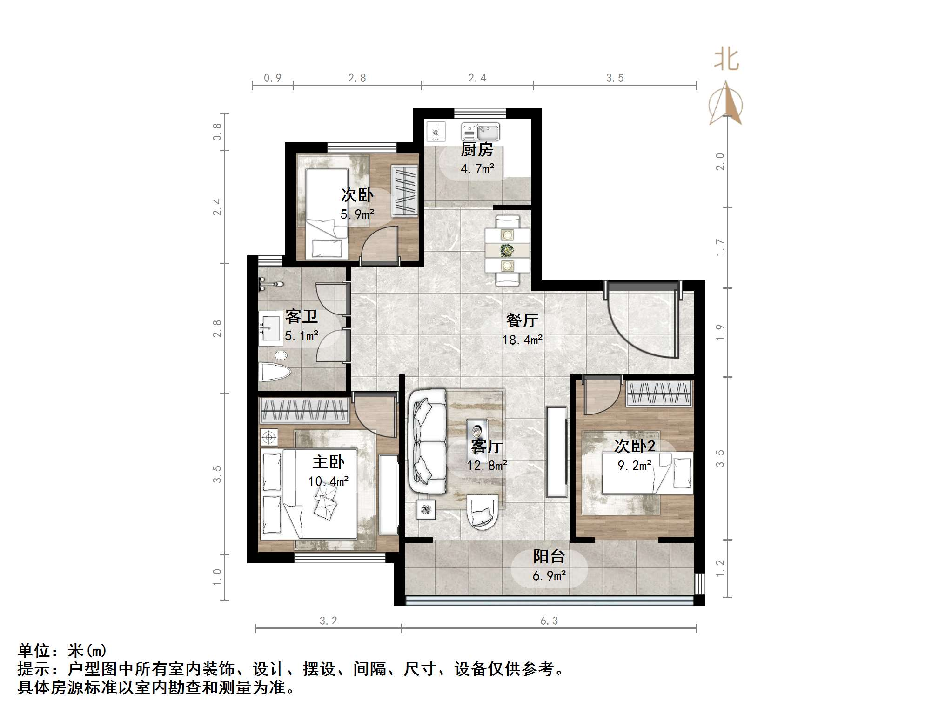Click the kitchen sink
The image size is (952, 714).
click(480, 132)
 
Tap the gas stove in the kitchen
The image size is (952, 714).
click(436, 132)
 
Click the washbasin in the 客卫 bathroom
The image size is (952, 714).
click(270, 327)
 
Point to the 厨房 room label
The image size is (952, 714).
click(477, 150)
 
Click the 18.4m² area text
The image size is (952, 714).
click(523, 340)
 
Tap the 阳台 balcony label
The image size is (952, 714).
click(549, 556)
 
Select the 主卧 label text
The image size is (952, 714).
click(328, 462)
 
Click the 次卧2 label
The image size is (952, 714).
click(635, 446)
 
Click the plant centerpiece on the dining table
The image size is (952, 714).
click(507, 250)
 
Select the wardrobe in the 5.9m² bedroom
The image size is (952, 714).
click(404, 191)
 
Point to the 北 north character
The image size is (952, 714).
click(726, 60)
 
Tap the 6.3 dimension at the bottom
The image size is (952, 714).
click(549, 621)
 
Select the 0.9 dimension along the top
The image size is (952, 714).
click(273, 78)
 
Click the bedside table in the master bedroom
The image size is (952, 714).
click(269, 437)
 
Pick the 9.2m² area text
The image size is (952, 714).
click(635, 465)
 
